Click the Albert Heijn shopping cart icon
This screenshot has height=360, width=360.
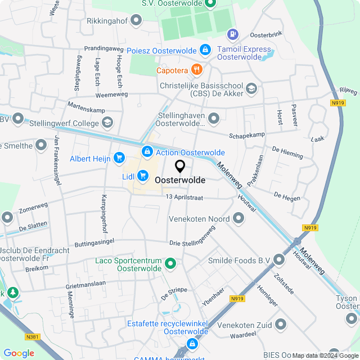pos(119,158)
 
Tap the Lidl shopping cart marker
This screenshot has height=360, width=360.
pos(142,175)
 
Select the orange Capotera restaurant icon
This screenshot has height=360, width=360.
pos(196,70)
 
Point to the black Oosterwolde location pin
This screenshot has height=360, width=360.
pos(180,166)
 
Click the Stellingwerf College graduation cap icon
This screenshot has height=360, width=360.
pos(106,123)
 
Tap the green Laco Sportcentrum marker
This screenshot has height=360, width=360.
pos(170,263)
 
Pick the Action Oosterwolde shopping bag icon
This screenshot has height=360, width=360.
pos(147,151)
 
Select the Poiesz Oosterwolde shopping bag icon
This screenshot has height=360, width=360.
pos(205,50)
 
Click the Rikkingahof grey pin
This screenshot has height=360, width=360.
pos(136,21)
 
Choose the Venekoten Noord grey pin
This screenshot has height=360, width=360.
pos(238,218)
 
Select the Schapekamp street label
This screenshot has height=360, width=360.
pos(247,136)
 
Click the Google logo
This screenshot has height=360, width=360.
pos(19,353)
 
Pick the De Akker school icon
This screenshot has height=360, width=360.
pos(251,88)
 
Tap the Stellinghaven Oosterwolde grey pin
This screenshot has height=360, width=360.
pos(214,118)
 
